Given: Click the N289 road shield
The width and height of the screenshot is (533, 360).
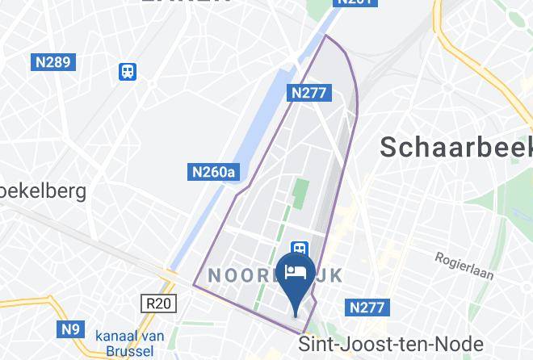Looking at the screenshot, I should [52, 62].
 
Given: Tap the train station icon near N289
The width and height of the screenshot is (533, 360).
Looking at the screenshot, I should [127, 71].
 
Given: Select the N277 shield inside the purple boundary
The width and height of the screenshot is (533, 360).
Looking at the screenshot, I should [309, 93].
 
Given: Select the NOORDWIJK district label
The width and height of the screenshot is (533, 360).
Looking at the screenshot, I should [275, 276].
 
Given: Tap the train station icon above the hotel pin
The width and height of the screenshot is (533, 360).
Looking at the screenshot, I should [300, 249].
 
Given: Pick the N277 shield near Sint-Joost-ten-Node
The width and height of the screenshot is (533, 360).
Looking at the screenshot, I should [370, 308].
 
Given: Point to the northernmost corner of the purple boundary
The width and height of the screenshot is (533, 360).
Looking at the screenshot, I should [326, 36].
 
